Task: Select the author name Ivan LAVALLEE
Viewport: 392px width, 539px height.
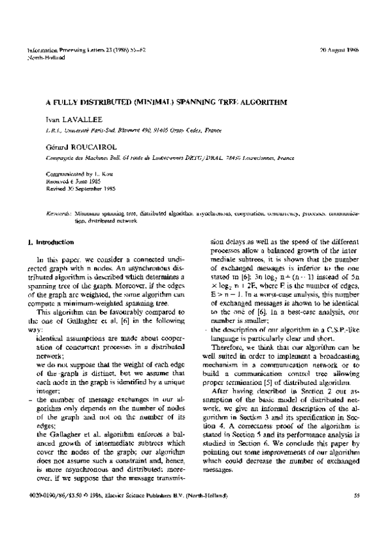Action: (x=69, y=121)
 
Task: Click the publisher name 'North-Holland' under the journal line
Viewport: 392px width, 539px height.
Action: (x=46, y=57)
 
